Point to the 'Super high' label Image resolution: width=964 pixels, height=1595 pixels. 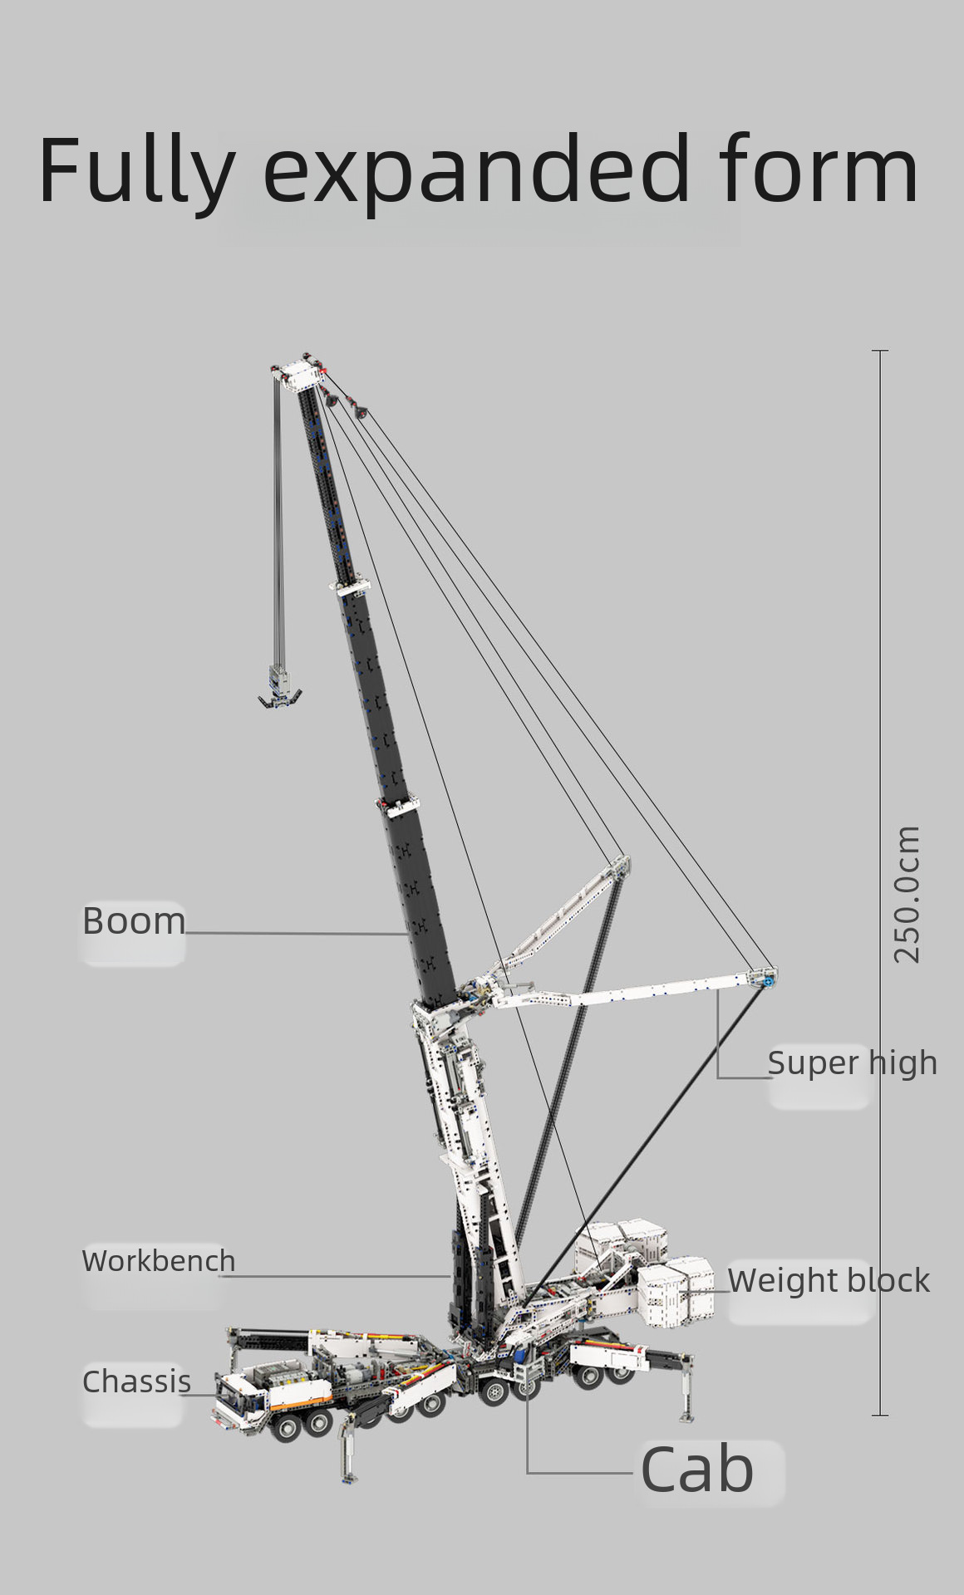[x=852, y=1063]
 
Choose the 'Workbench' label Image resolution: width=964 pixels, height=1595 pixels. [x=159, y=1260]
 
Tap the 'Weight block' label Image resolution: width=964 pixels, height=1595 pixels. [x=829, y=1280]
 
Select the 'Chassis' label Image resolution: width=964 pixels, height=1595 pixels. [x=136, y=1382]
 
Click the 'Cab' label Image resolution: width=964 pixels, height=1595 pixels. [x=696, y=1470]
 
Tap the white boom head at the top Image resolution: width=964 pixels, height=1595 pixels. [x=298, y=375]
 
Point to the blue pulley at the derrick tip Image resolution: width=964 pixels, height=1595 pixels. [x=766, y=981]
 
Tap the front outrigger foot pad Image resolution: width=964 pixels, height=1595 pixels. [x=348, y=1475]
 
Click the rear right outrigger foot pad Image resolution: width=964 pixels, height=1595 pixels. [x=687, y=1415]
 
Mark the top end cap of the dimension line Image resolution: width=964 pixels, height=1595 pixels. [x=880, y=351]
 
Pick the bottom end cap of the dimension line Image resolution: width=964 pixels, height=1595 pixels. [x=880, y=1415]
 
